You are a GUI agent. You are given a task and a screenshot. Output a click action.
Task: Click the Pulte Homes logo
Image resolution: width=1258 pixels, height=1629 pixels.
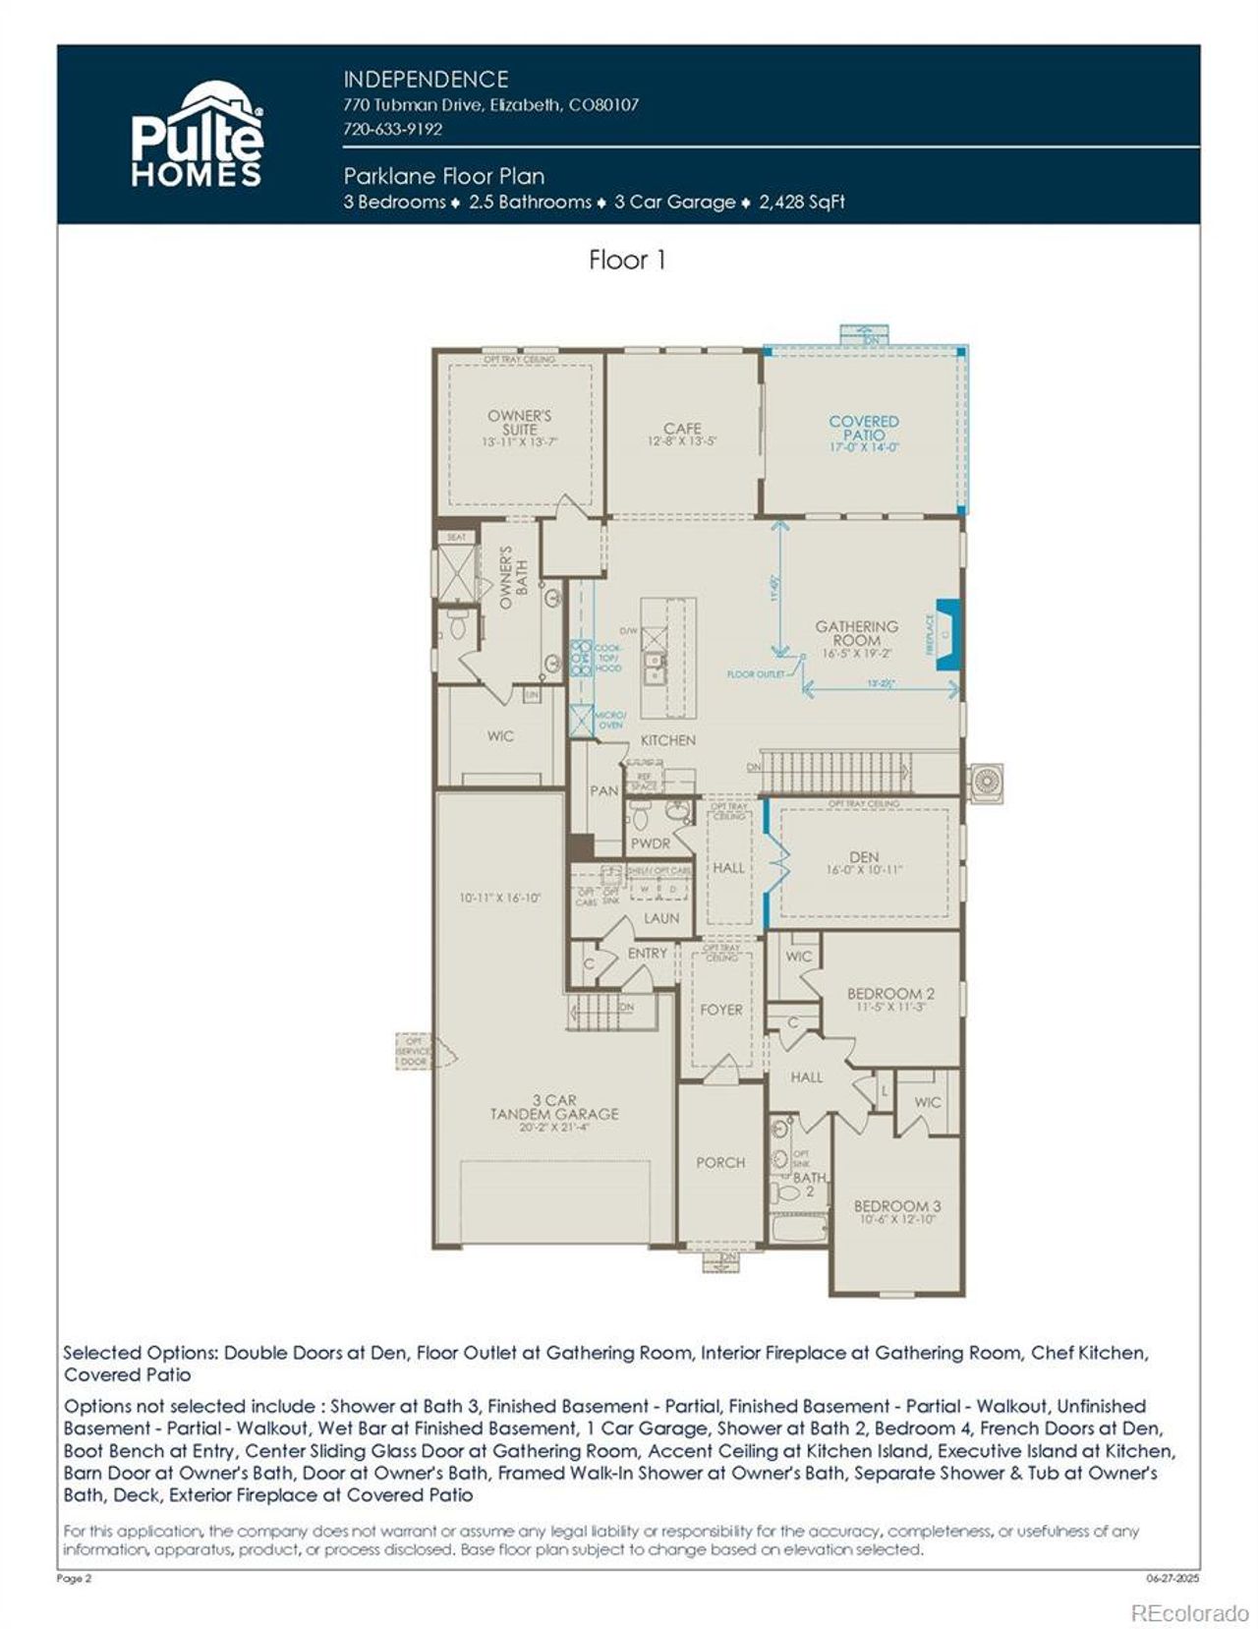(x=197, y=136)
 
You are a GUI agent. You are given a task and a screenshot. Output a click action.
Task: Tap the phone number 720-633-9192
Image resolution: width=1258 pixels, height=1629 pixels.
(x=392, y=129)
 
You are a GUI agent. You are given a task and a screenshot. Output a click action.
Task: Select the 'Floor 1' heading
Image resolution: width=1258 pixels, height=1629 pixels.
(x=627, y=261)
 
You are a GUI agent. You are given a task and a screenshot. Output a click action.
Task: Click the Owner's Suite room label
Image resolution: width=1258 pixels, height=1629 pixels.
(x=519, y=422)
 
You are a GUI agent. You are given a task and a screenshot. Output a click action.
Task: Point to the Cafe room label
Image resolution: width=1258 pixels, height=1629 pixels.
(x=682, y=429)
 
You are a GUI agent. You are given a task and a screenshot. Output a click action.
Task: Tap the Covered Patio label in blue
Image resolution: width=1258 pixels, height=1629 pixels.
(x=863, y=428)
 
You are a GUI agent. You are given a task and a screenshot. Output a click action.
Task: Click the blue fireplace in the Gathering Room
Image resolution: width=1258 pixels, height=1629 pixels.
(x=947, y=635)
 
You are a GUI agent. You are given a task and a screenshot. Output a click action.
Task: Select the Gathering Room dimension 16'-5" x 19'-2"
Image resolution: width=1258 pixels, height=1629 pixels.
(x=856, y=653)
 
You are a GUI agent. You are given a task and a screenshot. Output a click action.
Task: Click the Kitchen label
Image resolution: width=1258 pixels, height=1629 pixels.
(x=667, y=740)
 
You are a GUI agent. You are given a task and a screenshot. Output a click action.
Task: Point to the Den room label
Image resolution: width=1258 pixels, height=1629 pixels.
(x=864, y=857)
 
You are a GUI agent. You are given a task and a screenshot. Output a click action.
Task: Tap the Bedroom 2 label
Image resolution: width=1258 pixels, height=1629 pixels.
(x=890, y=994)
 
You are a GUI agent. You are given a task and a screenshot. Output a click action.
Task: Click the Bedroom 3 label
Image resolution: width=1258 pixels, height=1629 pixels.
(x=896, y=1206)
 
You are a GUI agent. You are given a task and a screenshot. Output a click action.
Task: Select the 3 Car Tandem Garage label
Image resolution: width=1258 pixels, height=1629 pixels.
(x=554, y=1107)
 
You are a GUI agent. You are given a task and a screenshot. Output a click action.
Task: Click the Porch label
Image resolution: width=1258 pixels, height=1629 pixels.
(x=720, y=1162)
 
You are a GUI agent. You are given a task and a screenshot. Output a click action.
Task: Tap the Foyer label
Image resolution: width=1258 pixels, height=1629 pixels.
(x=720, y=1010)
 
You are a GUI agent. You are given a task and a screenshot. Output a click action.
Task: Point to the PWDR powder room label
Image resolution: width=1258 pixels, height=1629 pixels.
(x=650, y=844)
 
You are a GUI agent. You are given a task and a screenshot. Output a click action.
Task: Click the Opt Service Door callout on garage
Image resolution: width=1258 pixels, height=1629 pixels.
(x=415, y=1050)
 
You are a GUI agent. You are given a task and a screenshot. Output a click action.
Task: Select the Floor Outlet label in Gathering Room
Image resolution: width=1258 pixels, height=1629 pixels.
(x=755, y=674)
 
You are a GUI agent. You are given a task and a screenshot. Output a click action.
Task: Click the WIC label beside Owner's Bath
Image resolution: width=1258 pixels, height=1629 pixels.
(x=500, y=735)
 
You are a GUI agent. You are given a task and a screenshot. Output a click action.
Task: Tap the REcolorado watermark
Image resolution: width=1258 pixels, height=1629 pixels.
(x=1189, y=1612)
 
